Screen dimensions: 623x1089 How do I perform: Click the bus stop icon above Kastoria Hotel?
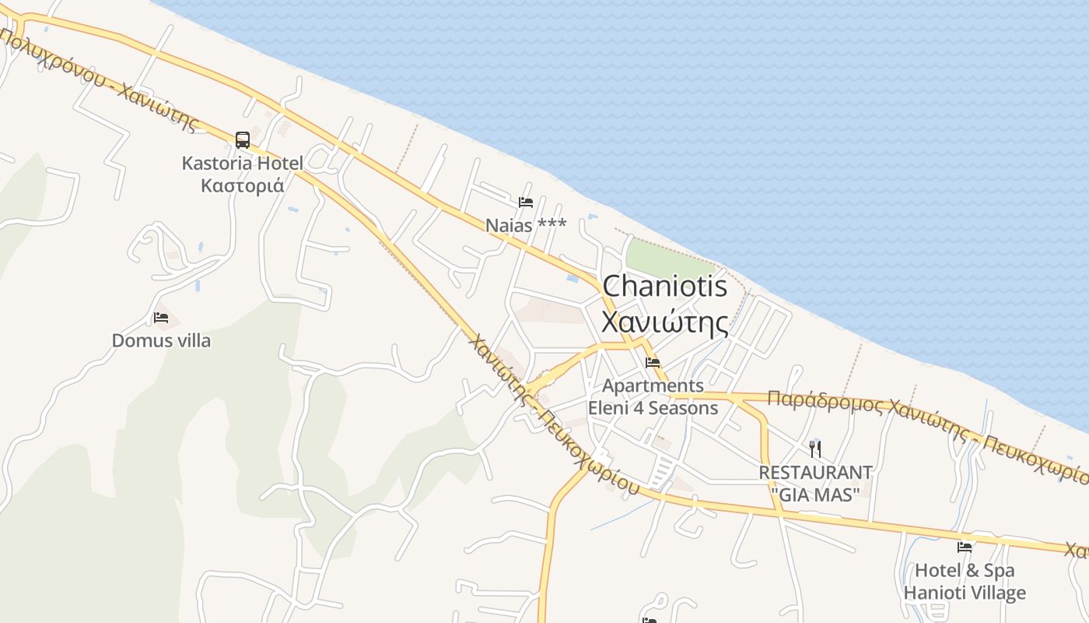[243, 140]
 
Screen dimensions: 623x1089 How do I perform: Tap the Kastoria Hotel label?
[242, 164]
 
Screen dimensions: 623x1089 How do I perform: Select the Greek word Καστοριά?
[242, 186]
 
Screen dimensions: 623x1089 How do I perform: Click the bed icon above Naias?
[526, 202]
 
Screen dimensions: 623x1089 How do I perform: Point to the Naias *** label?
[526, 225]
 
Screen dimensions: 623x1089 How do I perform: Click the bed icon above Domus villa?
[161, 318]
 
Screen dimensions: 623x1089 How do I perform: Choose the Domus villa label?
[161, 340]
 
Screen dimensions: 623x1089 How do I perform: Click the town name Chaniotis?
[665, 286]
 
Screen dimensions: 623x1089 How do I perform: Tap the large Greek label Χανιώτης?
[665, 322]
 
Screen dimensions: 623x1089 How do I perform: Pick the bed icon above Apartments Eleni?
[653, 363]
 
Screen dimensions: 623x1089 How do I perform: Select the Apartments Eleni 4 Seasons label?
[653, 396]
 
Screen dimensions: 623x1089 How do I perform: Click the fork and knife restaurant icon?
[815, 449]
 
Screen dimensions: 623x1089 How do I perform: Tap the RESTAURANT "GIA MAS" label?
[815, 483]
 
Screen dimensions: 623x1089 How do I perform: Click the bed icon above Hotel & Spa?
[965, 547]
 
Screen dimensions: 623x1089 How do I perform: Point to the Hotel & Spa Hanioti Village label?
[965, 582]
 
